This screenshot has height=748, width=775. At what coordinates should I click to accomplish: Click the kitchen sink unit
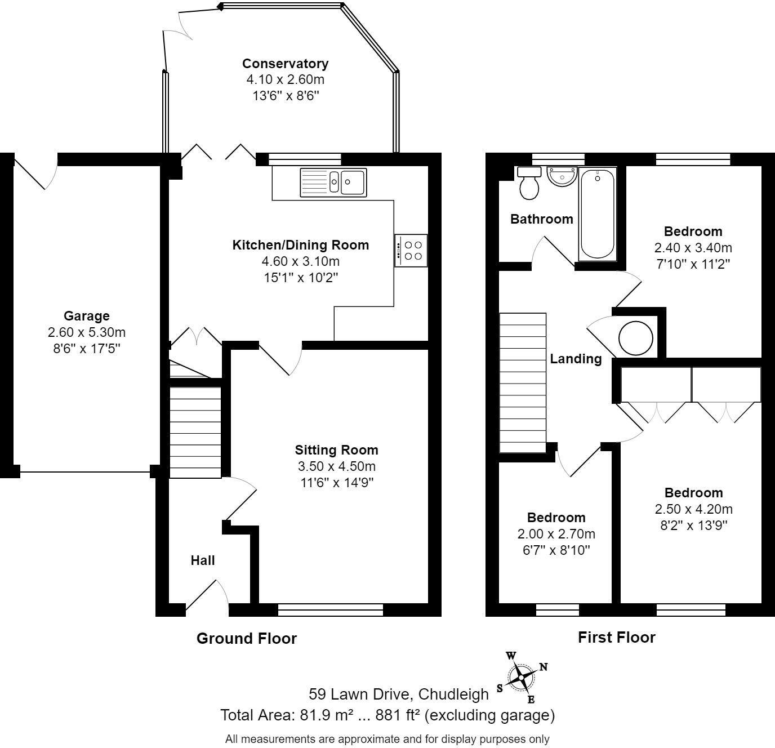tap(333, 182)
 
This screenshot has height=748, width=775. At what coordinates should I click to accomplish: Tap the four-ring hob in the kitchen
tap(411, 250)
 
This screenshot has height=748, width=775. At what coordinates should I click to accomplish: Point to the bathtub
tap(597, 213)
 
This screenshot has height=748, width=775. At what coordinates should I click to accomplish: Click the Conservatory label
tap(285, 64)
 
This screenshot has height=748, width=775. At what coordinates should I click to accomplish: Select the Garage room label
tap(86, 316)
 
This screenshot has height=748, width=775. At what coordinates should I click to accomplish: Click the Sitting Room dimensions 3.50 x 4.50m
tap(336, 466)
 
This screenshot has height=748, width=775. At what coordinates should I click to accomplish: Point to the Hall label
tap(202, 560)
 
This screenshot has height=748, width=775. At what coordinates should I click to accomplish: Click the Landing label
tap(576, 359)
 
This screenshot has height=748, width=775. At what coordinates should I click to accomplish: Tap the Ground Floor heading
tap(246, 638)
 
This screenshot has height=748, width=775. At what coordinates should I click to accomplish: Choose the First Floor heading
tap(616, 637)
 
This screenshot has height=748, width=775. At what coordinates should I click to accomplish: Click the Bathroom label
tap(541, 219)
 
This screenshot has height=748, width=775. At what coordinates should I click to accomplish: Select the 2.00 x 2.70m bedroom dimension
tap(556, 534)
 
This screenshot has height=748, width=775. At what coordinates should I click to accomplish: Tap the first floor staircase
tap(523, 382)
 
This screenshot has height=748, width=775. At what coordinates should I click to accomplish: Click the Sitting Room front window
tap(331, 609)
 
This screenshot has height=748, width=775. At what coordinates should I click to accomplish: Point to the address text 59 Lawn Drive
tap(398, 694)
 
